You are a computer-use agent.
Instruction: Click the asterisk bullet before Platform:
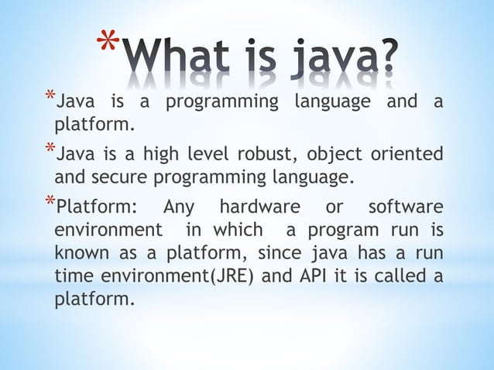[x=49, y=204]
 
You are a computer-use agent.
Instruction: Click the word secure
[x=119, y=178]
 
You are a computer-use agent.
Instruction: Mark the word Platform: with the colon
[x=96, y=207]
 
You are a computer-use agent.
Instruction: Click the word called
[x=401, y=277]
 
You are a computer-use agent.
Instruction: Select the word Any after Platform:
[x=180, y=207]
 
